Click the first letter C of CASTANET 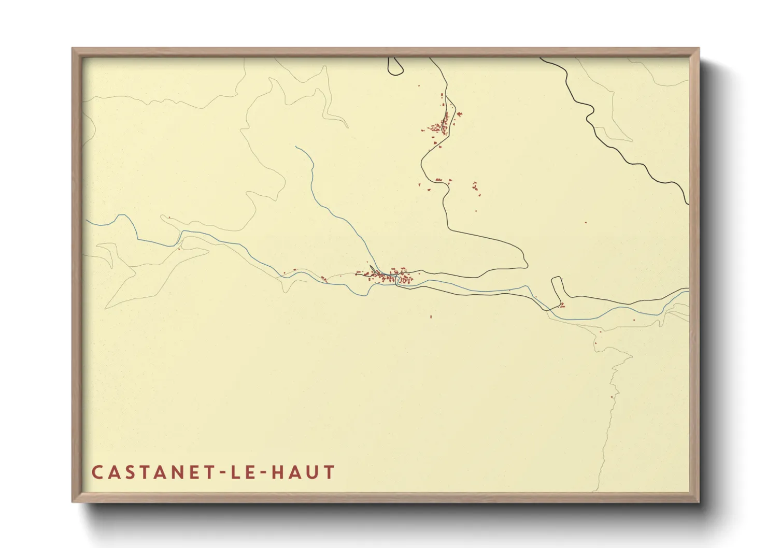pos(97,472)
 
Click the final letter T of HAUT pos(329,472)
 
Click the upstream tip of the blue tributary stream pos(296,147)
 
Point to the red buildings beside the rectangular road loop pos(562,305)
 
